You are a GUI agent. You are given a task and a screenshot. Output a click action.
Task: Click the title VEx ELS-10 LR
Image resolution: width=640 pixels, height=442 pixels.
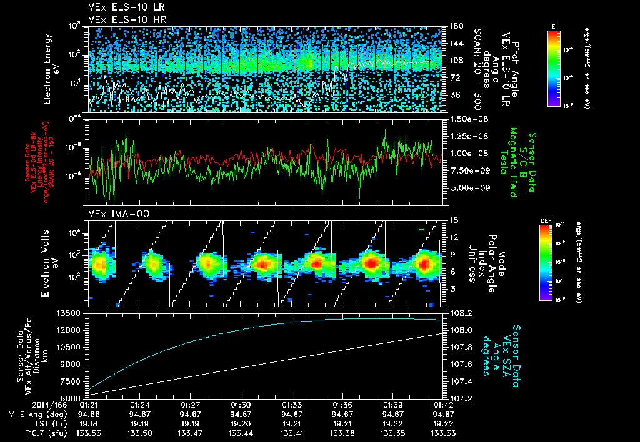pos(123,8)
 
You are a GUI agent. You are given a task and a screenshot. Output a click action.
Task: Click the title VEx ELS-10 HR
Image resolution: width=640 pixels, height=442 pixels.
pos(123,19)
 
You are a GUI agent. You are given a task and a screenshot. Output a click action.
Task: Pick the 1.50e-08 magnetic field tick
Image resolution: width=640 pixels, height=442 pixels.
pos(466,119)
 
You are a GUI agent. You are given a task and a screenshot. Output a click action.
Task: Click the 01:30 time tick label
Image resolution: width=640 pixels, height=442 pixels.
pos(241,405)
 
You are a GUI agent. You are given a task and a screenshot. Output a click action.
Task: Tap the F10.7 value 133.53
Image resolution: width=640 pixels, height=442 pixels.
pos(88,432)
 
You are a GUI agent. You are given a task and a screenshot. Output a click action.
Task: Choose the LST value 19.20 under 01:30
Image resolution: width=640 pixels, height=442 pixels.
pos(241,423)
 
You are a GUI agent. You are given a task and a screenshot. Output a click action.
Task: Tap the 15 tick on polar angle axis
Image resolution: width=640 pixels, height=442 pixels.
pos(454,220)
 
